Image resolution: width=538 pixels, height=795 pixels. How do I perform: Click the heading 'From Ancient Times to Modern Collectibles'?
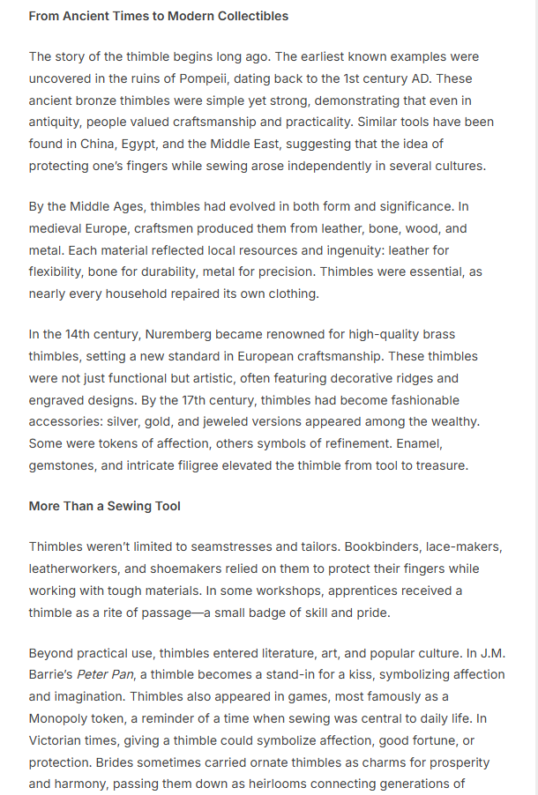coord(158,16)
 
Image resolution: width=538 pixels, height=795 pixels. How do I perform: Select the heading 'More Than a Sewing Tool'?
coord(104,506)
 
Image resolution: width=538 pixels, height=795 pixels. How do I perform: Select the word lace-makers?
coord(460,546)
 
